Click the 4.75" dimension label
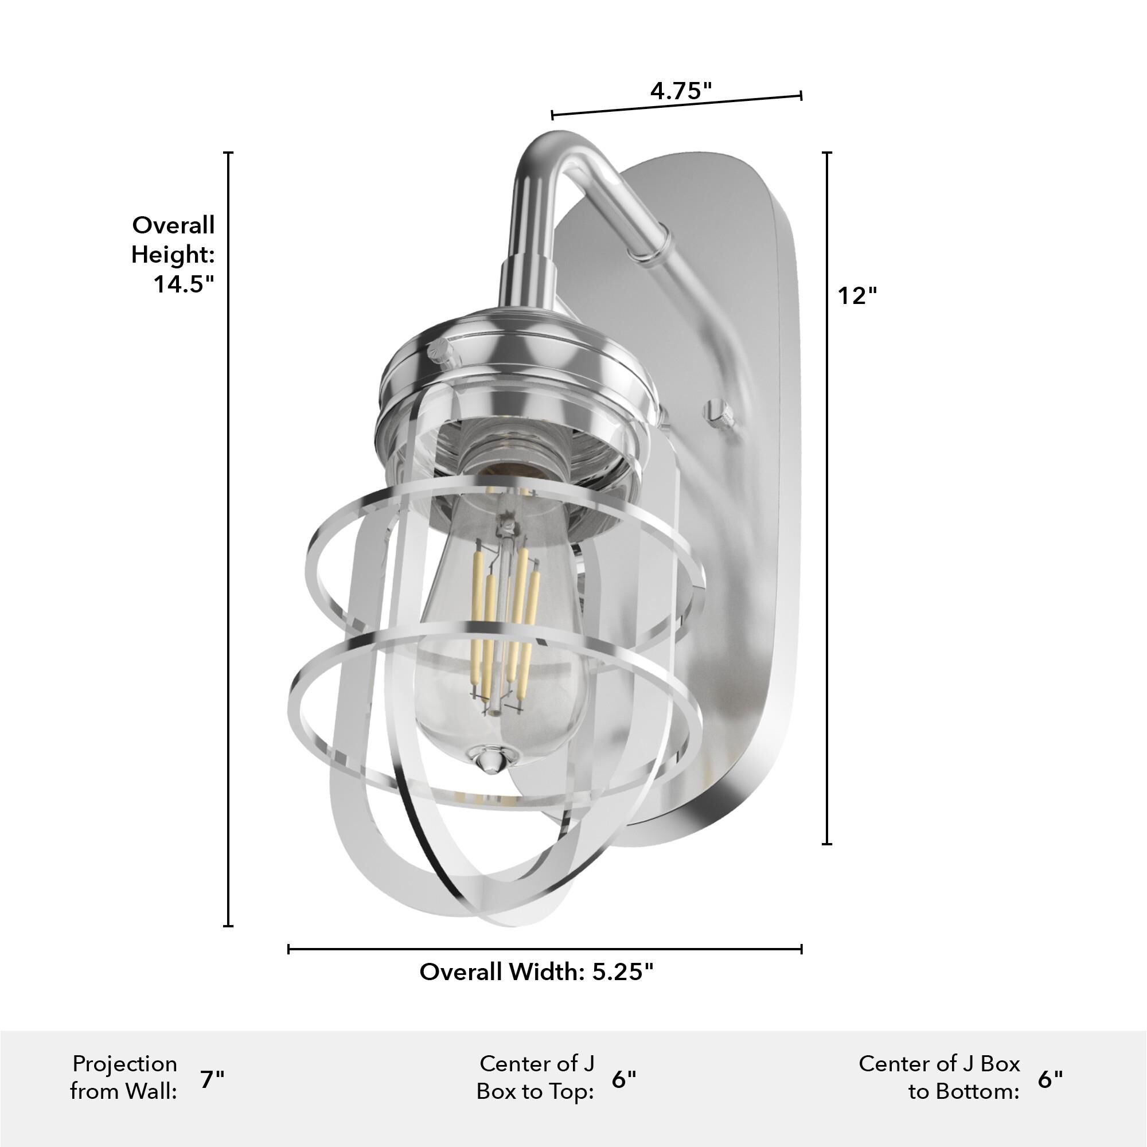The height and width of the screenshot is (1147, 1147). [x=680, y=91]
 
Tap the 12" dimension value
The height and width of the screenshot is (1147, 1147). [x=857, y=295]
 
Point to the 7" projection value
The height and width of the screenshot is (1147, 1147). [x=212, y=1079]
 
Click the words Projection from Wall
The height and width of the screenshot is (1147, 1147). [x=124, y=1078]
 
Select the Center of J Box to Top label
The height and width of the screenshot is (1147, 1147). [x=536, y=1078]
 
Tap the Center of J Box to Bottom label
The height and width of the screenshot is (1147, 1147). [x=939, y=1078]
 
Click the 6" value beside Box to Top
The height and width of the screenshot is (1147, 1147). [x=623, y=1079]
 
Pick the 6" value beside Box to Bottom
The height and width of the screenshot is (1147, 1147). [x=1050, y=1079]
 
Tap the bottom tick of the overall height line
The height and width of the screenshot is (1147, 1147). [x=228, y=925]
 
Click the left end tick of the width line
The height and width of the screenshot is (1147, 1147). [x=288, y=949]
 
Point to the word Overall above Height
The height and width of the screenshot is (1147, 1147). [x=173, y=225]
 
